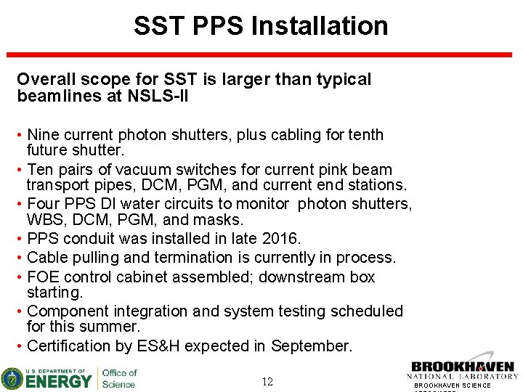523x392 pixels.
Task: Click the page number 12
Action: pyautogui.click(x=267, y=382)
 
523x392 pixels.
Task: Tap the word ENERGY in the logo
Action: pyautogui.click(x=60, y=380)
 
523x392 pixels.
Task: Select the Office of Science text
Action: pyautogui.click(x=119, y=378)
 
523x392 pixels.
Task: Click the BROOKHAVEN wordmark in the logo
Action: pyautogui.click(x=463, y=367)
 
